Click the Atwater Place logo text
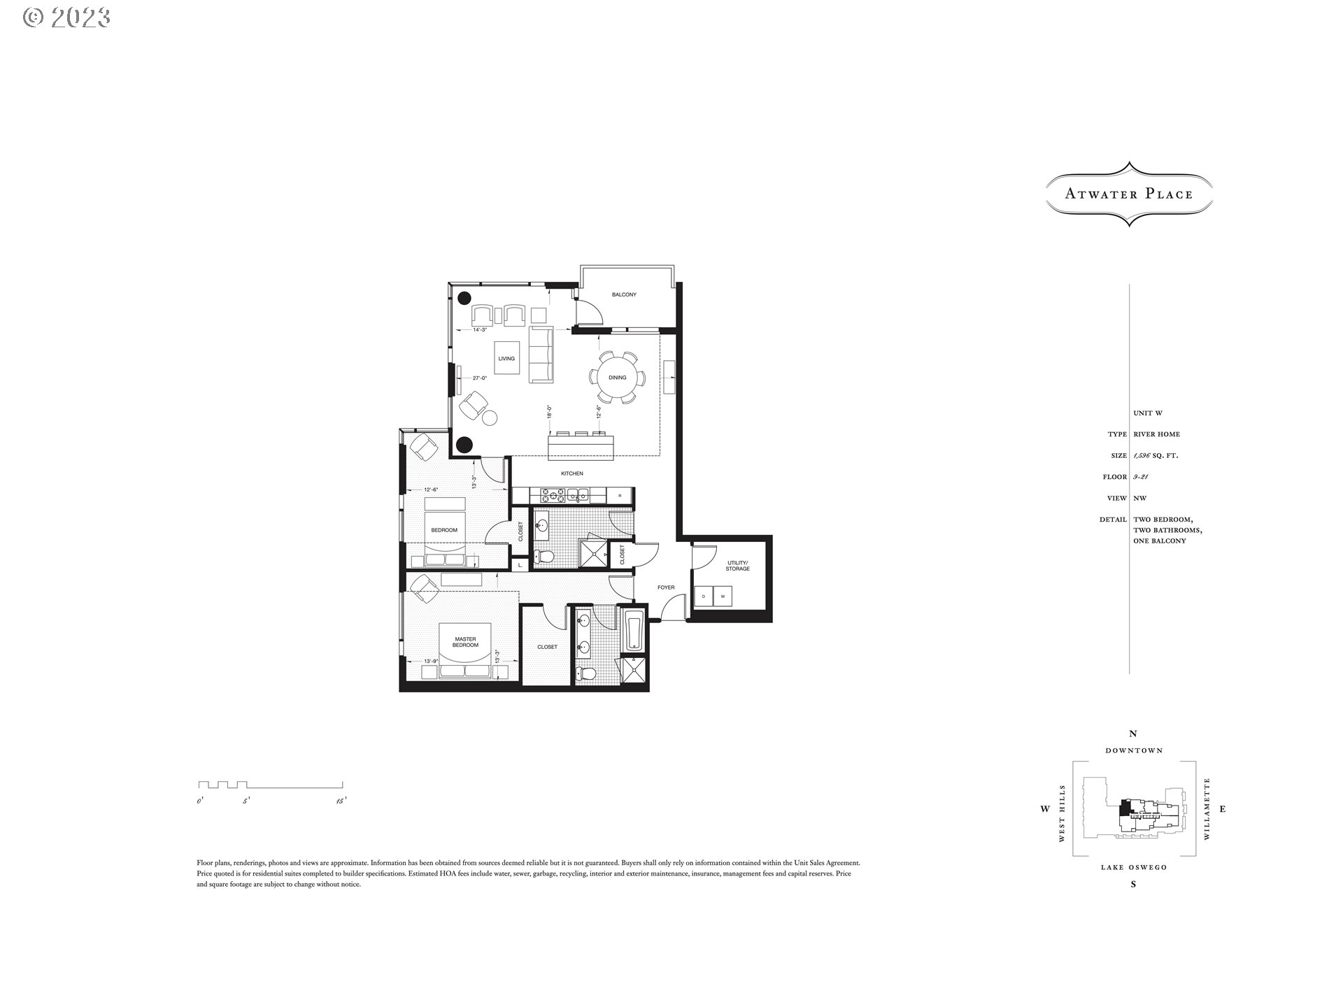1128,194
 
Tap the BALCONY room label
624,295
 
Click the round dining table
617,378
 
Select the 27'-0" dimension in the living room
479,378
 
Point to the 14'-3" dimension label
480,329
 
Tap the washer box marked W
723,597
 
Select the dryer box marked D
703,597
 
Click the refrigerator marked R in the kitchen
620,496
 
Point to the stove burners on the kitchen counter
552,496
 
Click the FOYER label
666,587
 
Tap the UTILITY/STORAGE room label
737,566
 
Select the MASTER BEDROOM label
465,642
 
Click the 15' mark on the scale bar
341,801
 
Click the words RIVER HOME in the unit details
1156,434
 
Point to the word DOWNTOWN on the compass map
1134,750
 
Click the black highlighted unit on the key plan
1125,807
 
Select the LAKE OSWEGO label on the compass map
1133,868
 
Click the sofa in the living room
541,355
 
